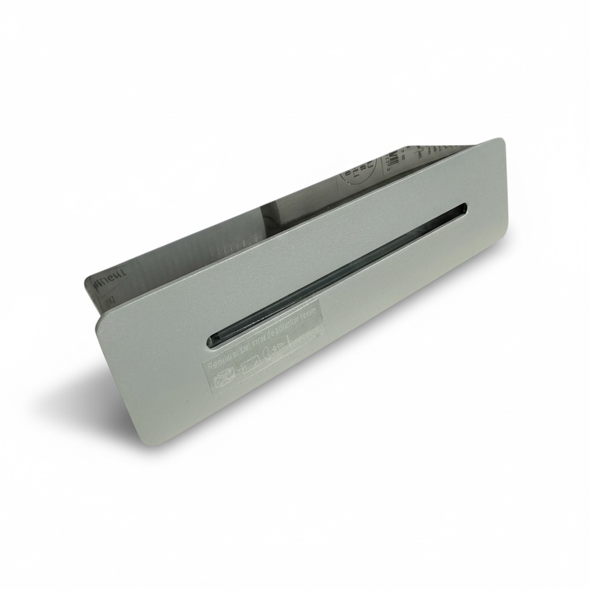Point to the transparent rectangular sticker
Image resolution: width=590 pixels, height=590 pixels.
pyautogui.click(x=262, y=352)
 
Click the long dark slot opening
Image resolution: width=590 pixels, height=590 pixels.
pyautogui.click(x=340, y=274)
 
